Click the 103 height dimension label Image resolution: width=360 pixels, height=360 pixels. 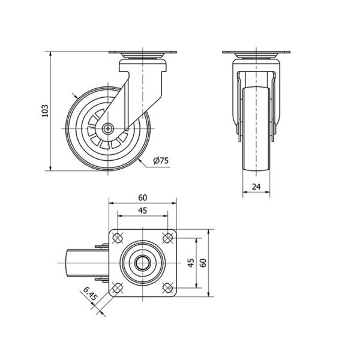coord(45,111)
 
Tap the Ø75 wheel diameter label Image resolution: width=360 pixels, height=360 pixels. coord(161,160)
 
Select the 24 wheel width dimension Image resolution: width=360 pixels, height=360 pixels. coord(256,187)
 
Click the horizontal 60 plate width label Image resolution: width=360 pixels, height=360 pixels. coord(143,197)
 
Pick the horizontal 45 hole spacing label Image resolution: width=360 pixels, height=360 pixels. coord(143,211)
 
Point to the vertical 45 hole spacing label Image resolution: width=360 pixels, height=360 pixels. coord(191,263)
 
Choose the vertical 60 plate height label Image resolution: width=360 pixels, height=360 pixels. coord(203,263)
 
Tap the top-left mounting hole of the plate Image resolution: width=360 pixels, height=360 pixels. coord(118,238)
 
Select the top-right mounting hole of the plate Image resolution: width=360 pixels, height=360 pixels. coord(167,238)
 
